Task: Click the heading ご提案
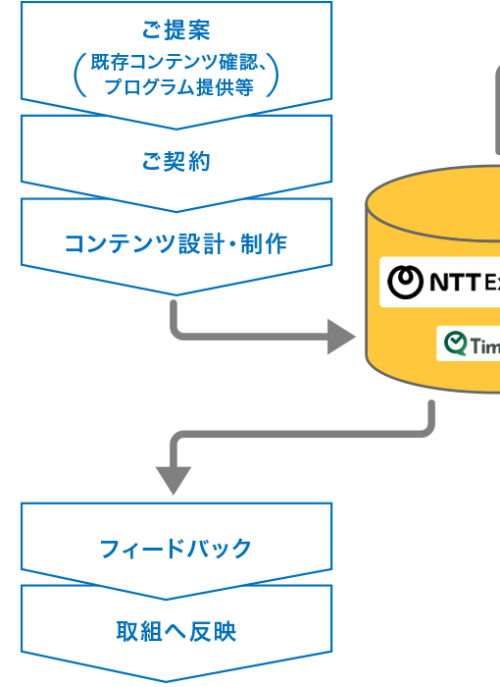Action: pyautogui.click(x=176, y=28)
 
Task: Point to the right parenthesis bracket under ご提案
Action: pyautogui.click(x=273, y=76)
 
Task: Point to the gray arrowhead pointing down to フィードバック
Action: pyautogui.click(x=173, y=479)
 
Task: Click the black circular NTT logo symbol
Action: pyautogui.click(x=405, y=282)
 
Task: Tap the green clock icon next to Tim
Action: pyautogui.click(x=456, y=343)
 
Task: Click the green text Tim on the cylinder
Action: pyautogui.click(x=485, y=346)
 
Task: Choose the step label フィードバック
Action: pyautogui.click(x=175, y=549)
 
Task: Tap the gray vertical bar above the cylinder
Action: pyautogui.click(x=498, y=118)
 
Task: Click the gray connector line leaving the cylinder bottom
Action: pyautogui.click(x=430, y=417)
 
